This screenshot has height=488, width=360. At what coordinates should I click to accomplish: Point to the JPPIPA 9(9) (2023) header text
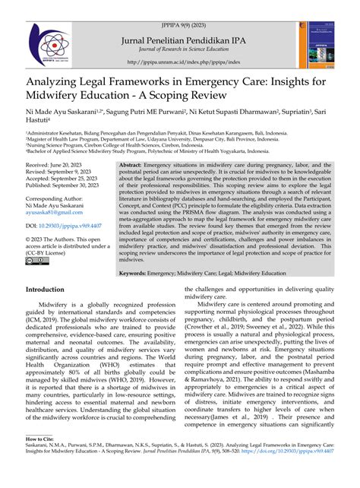tap(180, 6)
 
